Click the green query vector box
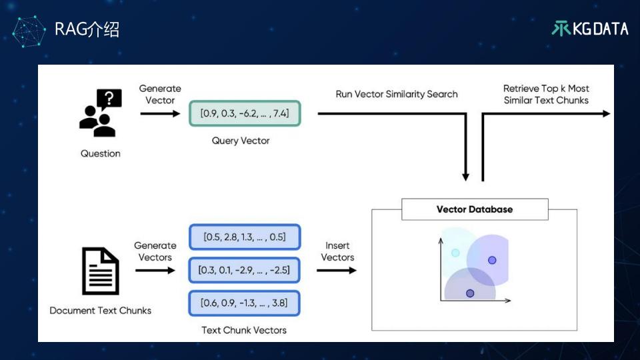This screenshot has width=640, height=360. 245,113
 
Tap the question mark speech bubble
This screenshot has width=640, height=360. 109,99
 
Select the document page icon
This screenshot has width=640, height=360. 101,271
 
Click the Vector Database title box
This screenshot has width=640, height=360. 475,209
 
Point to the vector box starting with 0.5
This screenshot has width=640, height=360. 245,237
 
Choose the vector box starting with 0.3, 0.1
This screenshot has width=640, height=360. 245,270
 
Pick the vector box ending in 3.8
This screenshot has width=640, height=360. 245,303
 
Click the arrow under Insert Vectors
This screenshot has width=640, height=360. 337,270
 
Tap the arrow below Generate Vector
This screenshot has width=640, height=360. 160,113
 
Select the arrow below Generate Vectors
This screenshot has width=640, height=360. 155,270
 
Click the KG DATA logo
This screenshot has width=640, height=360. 590,29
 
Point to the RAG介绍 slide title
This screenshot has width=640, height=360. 87,29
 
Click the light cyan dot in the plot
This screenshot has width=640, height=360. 455,253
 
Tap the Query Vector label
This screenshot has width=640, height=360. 241,141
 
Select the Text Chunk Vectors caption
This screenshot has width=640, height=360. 244,330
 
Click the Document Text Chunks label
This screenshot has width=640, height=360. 101,311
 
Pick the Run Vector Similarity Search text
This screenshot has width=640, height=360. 397,94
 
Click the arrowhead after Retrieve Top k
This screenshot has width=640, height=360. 607,114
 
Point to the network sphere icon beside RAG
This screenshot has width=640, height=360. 29,31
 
